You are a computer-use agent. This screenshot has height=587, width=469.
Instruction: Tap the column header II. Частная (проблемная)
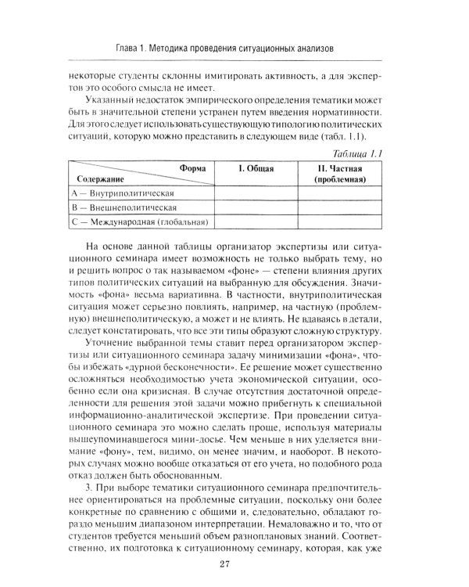[x=339, y=174]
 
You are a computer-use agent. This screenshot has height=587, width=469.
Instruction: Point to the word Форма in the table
[x=192, y=167]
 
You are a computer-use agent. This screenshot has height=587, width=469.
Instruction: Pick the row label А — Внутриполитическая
[x=120, y=193]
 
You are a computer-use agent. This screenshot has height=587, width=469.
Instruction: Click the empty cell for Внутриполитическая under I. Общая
[x=256, y=193]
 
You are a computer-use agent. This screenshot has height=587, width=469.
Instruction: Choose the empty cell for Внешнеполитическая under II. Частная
[x=339, y=207]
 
